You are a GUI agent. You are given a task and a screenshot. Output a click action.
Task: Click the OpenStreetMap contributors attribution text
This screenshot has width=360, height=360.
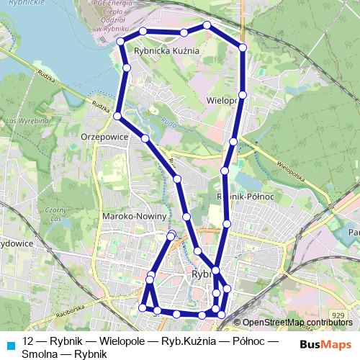tap(297, 323)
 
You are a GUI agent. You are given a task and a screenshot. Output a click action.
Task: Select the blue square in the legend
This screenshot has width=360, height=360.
tap(10, 345)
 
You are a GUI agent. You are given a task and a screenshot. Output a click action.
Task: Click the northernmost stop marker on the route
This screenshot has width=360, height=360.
tap(207, 25)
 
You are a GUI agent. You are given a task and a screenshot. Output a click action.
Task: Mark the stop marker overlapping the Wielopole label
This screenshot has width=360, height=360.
tap(243, 95)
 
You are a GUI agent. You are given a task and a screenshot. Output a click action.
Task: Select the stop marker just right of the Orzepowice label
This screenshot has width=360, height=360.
tap(145, 138)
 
